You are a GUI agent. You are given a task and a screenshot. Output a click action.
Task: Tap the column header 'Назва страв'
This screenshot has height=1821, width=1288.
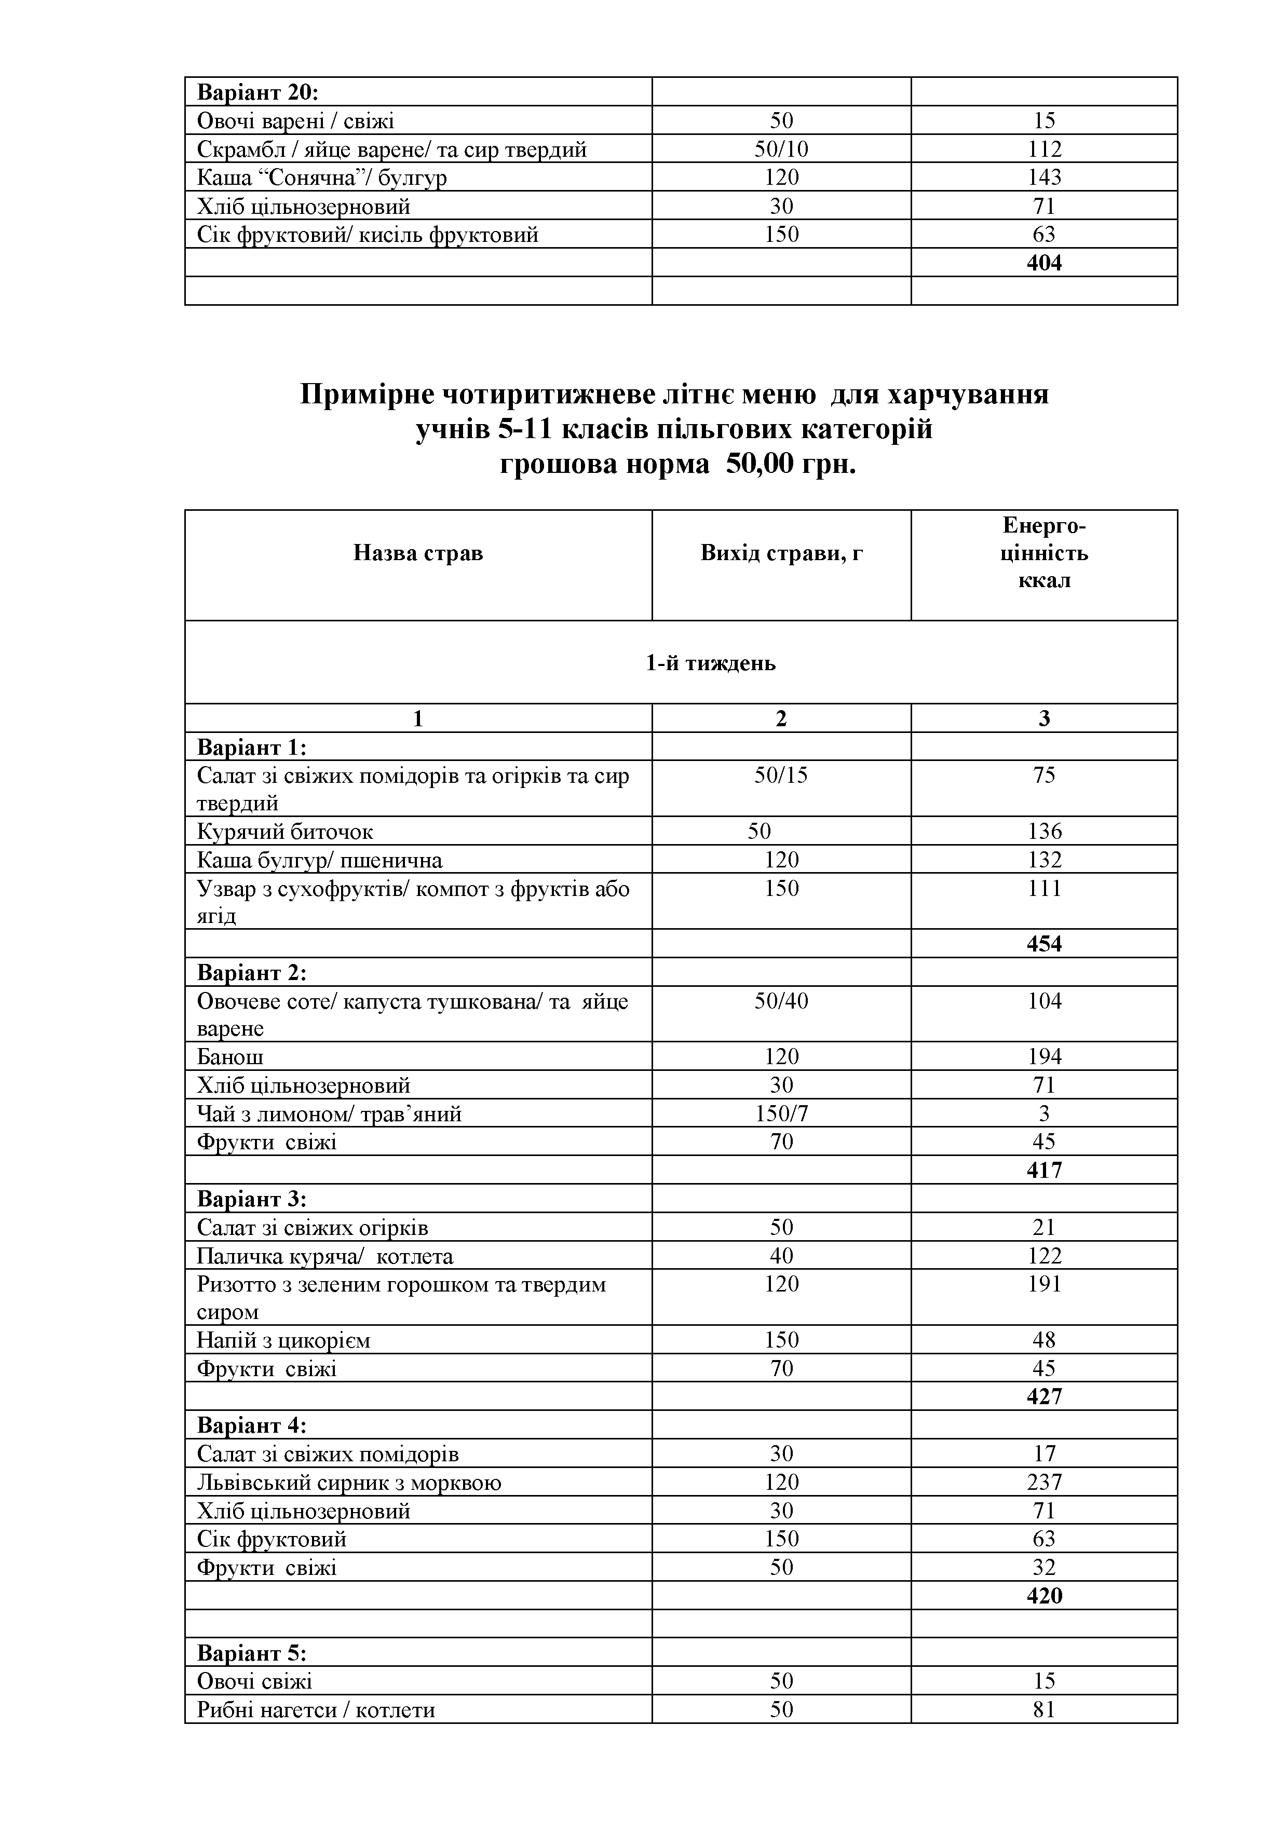(418, 553)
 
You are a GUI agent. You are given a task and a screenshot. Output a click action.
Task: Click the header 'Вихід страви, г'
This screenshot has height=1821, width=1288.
(781, 553)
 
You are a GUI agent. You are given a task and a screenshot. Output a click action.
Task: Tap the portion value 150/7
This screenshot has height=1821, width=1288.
(781, 1115)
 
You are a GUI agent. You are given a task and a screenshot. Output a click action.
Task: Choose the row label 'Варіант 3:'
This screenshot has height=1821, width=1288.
(251, 1199)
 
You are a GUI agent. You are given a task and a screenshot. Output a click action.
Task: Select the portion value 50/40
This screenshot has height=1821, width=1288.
(781, 1001)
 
